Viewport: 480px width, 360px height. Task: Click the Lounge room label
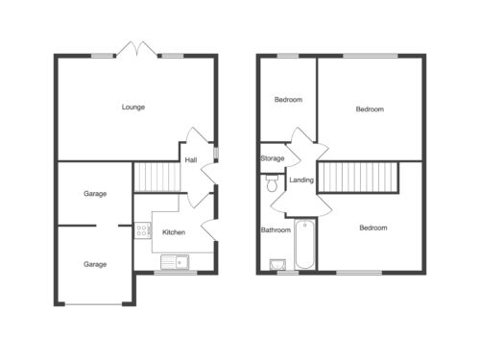click(x=133, y=108)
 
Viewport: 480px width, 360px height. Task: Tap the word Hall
click(x=191, y=159)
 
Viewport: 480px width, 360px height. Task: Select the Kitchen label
click(x=174, y=232)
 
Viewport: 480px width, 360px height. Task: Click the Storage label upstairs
click(x=273, y=158)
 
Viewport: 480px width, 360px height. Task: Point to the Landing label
click(x=301, y=180)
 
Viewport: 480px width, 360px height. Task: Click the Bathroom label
click(x=276, y=229)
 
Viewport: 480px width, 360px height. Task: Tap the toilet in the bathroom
click(x=272, y=183)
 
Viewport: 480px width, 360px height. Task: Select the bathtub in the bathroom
click(x=305, y=244)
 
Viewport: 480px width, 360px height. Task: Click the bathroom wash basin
click(x=277, y=265)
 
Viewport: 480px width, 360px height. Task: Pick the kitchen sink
click(x=175, y=262)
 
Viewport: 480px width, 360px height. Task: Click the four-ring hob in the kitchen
click(x=142, y=230)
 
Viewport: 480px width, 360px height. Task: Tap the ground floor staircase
click(x=156, y=177)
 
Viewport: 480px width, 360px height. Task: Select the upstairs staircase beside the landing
click(x=358, y=178)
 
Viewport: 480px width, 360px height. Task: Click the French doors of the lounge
click(x=137, y=50)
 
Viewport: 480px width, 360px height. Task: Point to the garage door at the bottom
click(x=93, y=304)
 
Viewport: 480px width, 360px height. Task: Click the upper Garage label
click(x=95, y=194)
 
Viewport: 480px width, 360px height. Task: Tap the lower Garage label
click(x=95, y=264)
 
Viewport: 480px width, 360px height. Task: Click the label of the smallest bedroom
click(x=288, y=100)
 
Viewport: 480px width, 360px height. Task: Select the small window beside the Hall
click(x=216, y=153)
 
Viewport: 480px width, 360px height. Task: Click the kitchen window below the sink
click(x=176, y=273)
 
